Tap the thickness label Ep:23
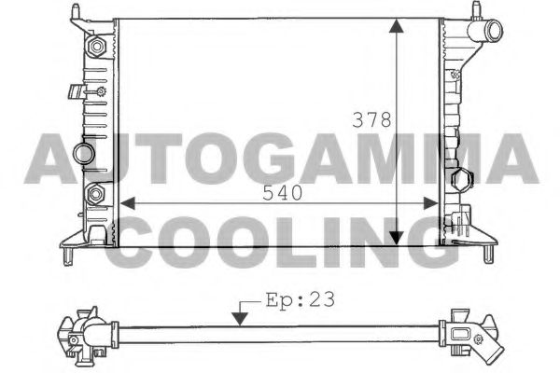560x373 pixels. coord(300,300)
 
